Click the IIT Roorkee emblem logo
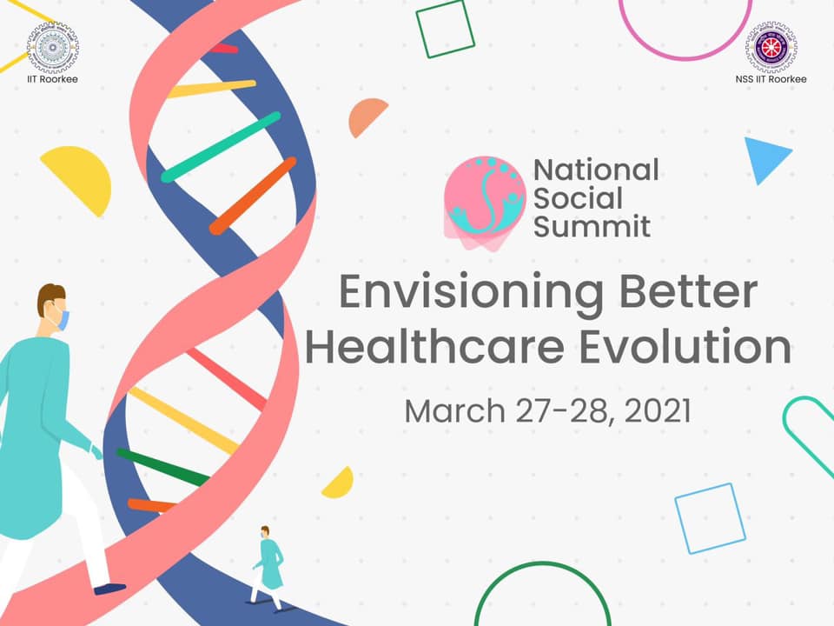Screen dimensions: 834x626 coord(53,47)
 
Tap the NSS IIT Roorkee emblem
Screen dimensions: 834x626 coord(771,47)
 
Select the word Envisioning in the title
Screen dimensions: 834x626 coord(471,293)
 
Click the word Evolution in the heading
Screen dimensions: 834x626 coord(685,347)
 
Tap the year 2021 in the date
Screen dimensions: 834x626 coord(658,410)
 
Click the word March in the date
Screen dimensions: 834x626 coord(454,410)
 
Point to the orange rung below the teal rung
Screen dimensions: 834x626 coord(253,196)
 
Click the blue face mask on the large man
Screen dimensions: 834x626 coord(63,319)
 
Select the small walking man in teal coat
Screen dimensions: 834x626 coord(269,568)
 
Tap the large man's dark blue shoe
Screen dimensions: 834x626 coord(109,589)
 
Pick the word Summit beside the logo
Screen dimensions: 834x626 coord(592,227)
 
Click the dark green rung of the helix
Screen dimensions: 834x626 coord(162,468)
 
